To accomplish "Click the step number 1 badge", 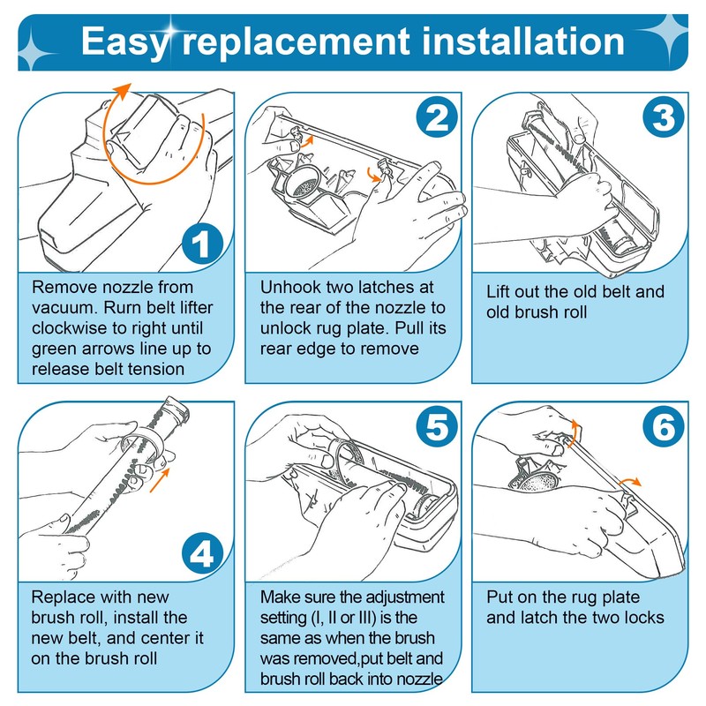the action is pyautogui.click(x=202, y=244).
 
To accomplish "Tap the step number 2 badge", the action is pyautogui.click(x=437, y=117).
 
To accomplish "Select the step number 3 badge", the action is pyautogui.click(x=664, y=117).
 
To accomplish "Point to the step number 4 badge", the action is pyautogui.click(x=202, y=554).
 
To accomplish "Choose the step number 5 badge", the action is pyautogui.click(x=437, y=427).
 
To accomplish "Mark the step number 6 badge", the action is pyautogui.click(x=664, y=427).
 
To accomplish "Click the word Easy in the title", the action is pyautogui.click(x=124, y=42).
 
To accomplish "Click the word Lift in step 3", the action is pyautogui.click(x=498, y=291).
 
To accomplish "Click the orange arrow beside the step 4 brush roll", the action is pyautogui.click(x=160, y=480).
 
